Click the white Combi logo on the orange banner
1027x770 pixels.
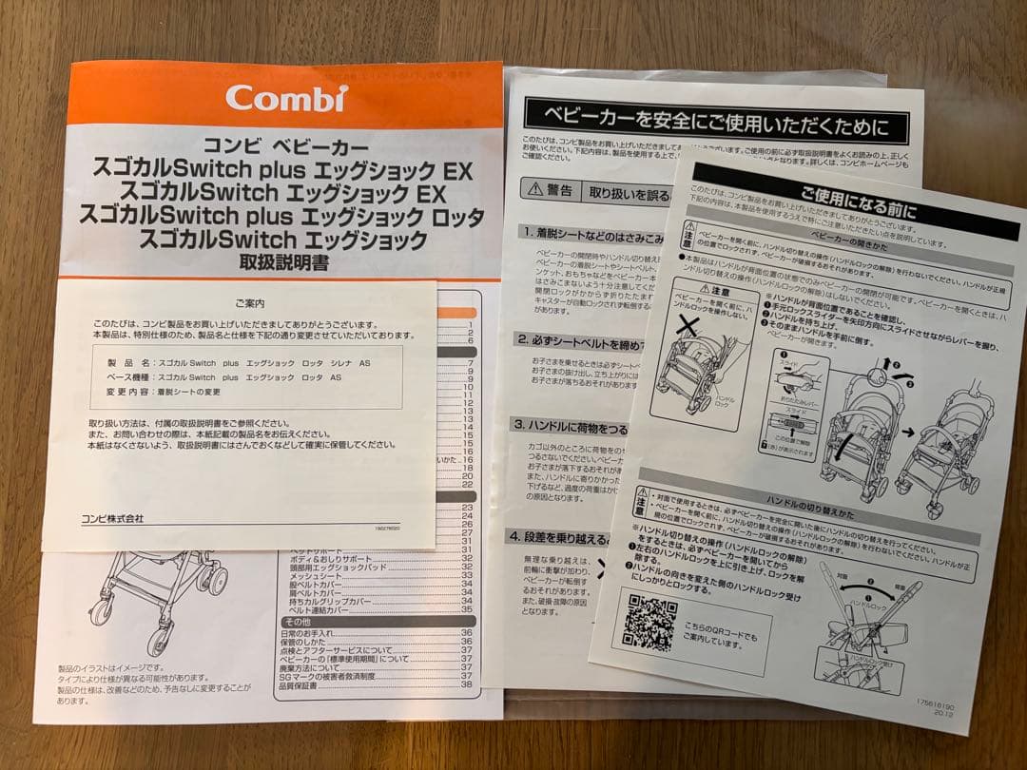tap(285, 97)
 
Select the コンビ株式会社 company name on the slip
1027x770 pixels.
tap(112, 518)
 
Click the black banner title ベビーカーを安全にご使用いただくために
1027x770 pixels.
tap(716, 124)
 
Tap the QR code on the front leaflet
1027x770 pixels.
tap(649, 621)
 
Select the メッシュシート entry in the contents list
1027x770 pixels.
tap(315, 575)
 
